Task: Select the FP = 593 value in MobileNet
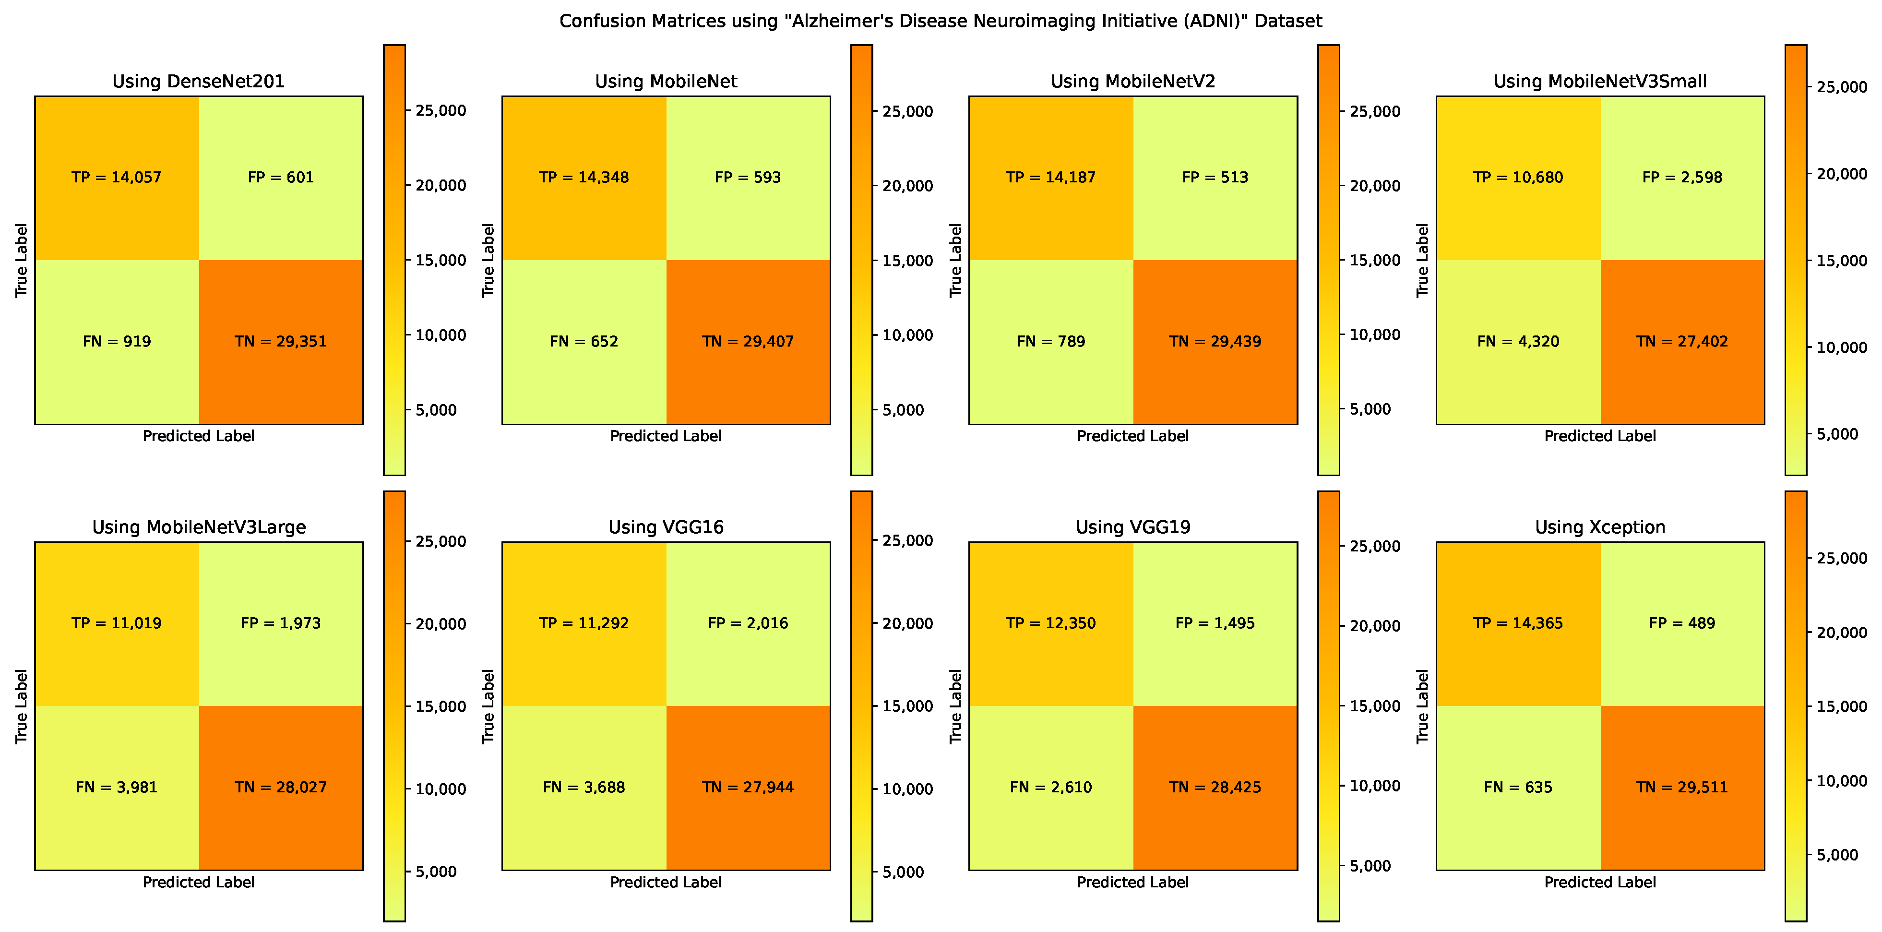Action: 748,178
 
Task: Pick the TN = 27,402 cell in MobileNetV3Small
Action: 1682,341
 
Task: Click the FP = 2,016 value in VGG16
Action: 748,623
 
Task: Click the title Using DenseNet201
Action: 198,81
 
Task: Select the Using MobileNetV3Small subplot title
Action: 1600,81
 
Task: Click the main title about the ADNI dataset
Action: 940,21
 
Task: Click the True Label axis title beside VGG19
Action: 955,706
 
